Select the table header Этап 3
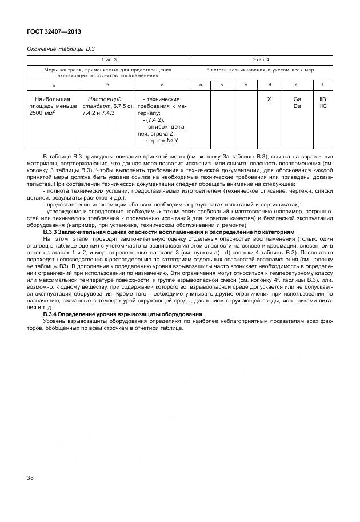(108, 59)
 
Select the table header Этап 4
(261, 59)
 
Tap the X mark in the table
(269, 99)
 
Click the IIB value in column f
(322, 99)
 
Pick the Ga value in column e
(297, 99)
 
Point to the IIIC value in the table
(322, 106)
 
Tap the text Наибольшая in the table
(53, 99)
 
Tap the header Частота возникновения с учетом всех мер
(261, 70)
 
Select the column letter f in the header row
(322, 84)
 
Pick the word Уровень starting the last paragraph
(56, 322)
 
